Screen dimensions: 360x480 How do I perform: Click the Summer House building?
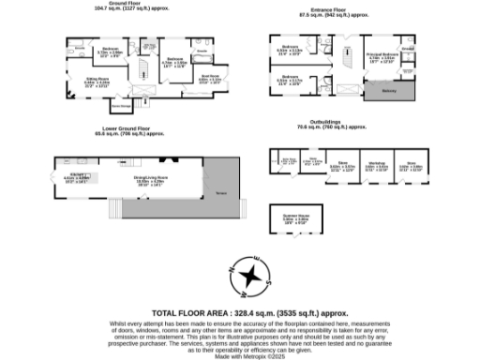(296, 222)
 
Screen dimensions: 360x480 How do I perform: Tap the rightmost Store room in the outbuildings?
(411, 167)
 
